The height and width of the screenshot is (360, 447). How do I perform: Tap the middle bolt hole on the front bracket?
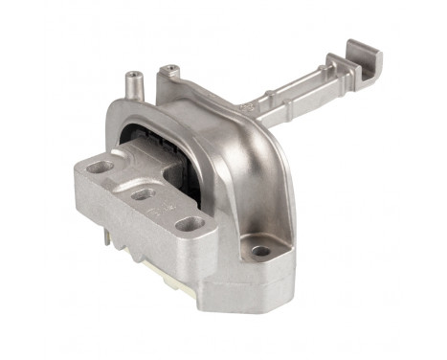143,194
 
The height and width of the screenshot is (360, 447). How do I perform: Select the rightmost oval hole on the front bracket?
190,224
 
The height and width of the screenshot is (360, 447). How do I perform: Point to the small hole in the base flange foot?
260,252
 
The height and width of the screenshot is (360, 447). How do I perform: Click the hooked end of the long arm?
366,59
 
